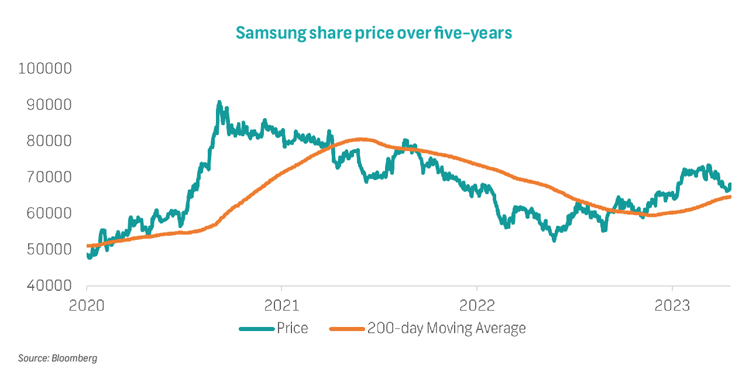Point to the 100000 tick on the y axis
click(45, 69)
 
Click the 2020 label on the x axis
click(87, 305)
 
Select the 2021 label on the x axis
click(281, 305)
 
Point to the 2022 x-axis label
click(477, 305)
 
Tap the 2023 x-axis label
click(672, 305)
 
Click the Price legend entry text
click(292, 329)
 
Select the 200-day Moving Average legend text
click(446, 329)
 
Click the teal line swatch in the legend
click(256, 329)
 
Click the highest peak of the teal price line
click(219, 102)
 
